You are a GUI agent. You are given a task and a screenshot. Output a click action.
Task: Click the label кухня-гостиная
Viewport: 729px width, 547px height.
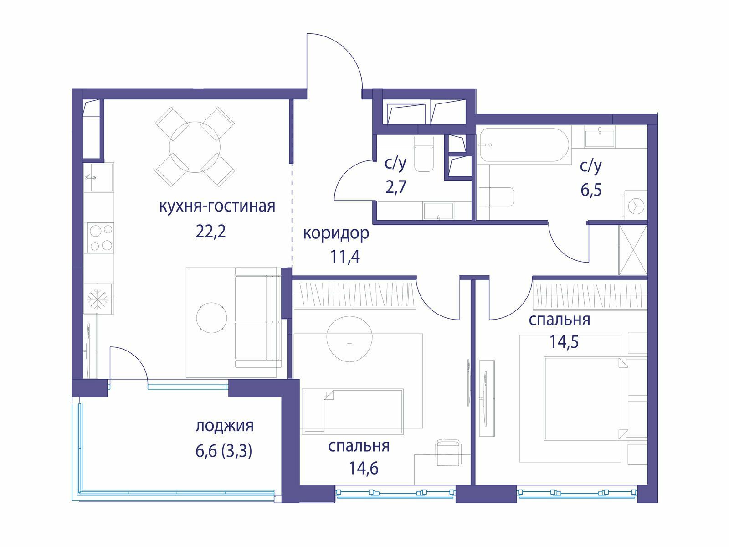click(x=217, y=206)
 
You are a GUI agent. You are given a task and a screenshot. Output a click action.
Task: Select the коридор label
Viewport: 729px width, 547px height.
click(x=336, y=234)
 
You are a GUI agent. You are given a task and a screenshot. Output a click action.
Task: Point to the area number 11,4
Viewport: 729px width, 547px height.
click(x=345, y=256)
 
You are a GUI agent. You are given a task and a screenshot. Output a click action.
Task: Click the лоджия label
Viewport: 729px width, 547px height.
click(x=225, y=426)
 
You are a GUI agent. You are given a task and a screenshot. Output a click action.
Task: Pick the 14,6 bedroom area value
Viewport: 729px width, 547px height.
click(x=363, y=468)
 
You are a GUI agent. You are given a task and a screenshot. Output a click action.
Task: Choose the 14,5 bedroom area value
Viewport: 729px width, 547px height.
click(x=564, y=341)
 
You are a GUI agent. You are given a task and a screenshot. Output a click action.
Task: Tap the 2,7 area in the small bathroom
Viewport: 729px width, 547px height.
click(x=396, y=187)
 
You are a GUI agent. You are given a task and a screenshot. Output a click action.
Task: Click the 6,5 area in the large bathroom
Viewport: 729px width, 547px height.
click(x=591, y=190)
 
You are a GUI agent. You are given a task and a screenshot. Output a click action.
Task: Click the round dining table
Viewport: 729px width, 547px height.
click(x=195, y=147)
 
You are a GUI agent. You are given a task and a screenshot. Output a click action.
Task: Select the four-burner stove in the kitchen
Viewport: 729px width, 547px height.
click(x=101, y=238)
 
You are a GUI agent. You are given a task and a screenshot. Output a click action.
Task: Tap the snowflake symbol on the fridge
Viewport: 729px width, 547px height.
click(x=98, y=299)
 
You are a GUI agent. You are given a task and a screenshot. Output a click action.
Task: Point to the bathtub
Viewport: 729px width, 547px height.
click(x=524, y=145)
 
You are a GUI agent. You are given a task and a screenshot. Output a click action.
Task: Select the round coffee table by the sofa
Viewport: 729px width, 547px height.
click(x=211, y=318)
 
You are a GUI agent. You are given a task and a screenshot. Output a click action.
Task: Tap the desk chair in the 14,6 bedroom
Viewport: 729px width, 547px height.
click(x=447, y=452)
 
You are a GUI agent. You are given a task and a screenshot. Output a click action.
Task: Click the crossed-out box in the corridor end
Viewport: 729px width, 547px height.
click(x=633, y=250)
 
